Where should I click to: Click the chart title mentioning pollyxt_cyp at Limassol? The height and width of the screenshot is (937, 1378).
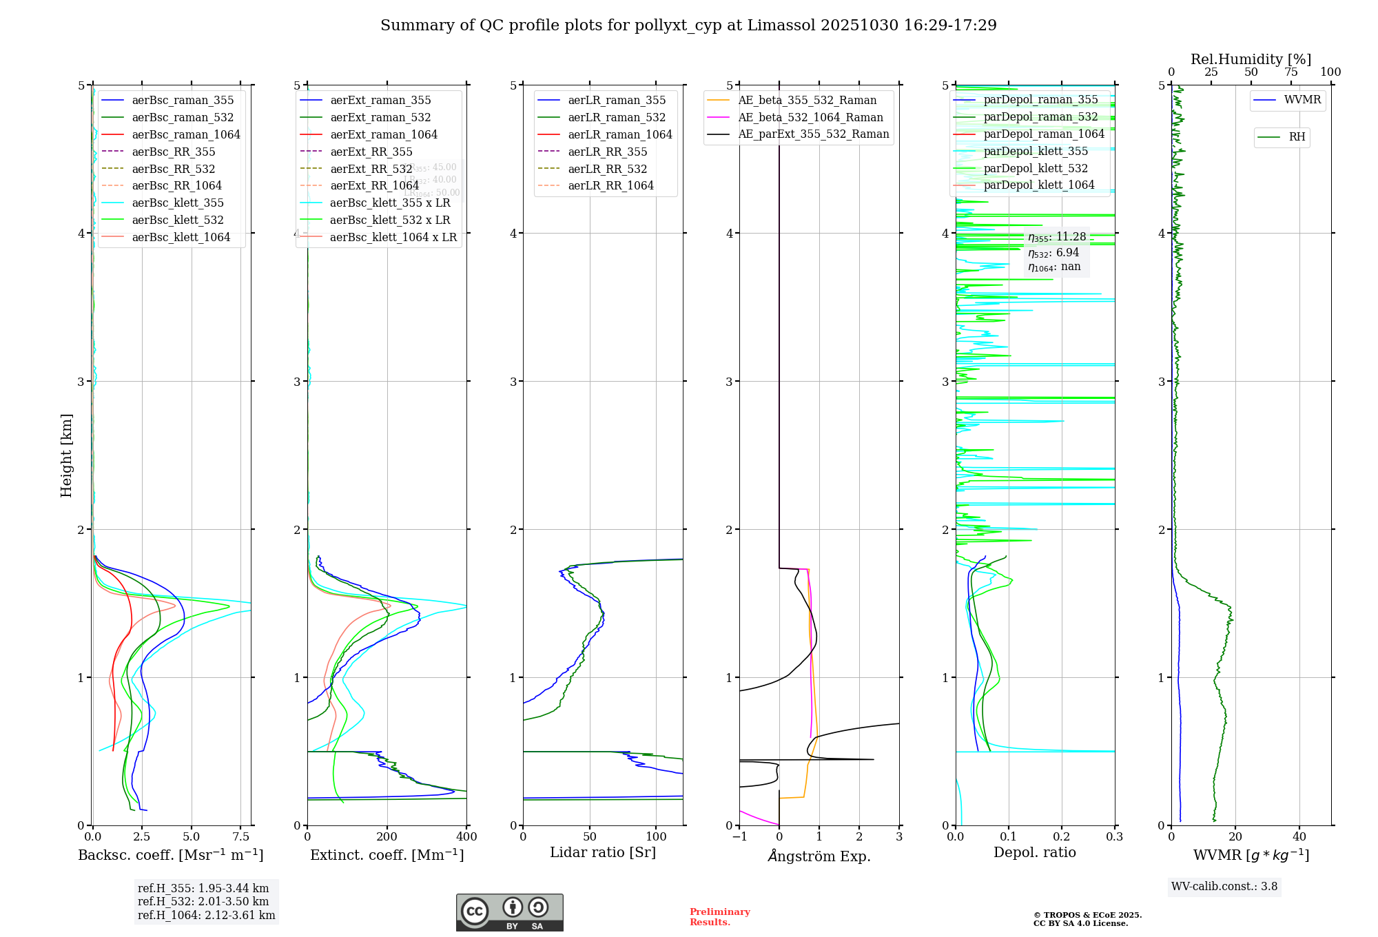(x=688, y=25)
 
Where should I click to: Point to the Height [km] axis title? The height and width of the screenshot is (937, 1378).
(x=66, y=455)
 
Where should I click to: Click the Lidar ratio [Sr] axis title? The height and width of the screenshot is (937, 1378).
(x=603, y=852)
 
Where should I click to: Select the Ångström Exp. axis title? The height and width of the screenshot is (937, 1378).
(x=819, y=856)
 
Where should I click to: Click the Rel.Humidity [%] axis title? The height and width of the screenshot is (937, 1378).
(x=1251, y=59)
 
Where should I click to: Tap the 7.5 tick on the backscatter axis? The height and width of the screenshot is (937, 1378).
(x=240, y=837)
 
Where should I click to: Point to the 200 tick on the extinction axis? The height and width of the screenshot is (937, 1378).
(x=387, y=837)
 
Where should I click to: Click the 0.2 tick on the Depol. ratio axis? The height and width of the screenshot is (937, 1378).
(x=1062, y=837)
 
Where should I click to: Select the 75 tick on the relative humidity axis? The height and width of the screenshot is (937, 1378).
(x=1290, y=72)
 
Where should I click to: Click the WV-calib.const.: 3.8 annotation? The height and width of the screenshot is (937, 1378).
(x=1224, y=887)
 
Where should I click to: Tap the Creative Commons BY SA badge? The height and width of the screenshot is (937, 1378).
(x=509, y=912)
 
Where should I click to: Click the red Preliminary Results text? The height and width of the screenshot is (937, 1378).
(x=719, y=917)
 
